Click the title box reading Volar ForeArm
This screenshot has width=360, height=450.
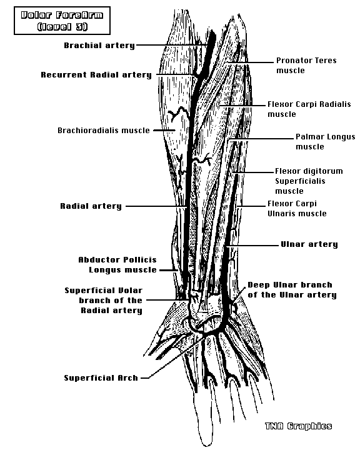click(62, 21)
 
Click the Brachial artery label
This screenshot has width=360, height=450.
click(99, 46)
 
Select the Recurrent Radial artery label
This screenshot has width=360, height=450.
click(96, 75)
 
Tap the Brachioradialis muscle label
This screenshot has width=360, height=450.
click(104, 130)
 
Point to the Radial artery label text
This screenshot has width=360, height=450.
click(91, 206)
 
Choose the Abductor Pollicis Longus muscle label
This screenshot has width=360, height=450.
click(117, 264)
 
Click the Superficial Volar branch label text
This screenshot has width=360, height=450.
click(103, 301)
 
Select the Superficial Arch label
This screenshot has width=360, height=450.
click(101, 378)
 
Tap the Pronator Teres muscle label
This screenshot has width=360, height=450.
click(306, 66)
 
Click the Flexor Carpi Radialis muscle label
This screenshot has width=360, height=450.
click(309, 109)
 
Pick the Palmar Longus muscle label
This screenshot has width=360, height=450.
click(326, 141)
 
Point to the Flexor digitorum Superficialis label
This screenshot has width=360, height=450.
click(309, 181)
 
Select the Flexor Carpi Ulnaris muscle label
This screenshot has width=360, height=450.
click(297, 208)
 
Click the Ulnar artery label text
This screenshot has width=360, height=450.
click(309, 244)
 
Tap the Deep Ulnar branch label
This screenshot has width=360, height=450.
click(292, 290)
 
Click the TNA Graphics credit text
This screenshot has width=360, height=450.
click(298, 426)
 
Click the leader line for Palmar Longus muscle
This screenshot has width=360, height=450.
click(261, 139)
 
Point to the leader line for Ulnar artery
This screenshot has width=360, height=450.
click(252, 246)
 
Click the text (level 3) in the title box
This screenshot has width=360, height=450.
click(62, 27)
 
